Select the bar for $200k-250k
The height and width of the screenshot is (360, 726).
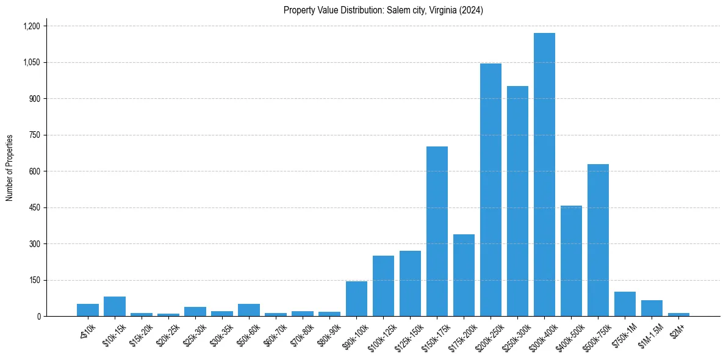(x=491, y=190)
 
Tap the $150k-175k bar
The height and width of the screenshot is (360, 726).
(x=437, y=231)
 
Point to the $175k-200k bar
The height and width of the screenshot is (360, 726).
(x=464, y=275)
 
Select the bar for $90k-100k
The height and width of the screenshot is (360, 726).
(x=356, y=298)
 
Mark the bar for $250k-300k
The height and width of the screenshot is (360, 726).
(x=517, y=201)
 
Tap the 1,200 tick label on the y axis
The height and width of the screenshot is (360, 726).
(x=31, y=26)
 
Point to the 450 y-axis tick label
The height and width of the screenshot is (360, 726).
(x=34, y=207)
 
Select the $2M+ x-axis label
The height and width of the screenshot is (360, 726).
(x=678, y=330)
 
